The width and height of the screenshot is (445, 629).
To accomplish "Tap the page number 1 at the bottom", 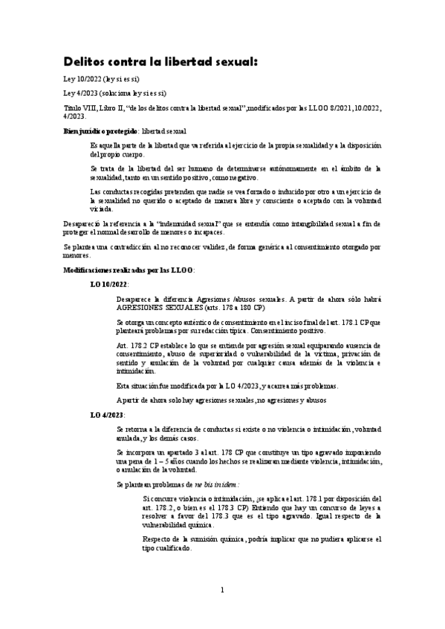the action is tap(222, 610).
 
